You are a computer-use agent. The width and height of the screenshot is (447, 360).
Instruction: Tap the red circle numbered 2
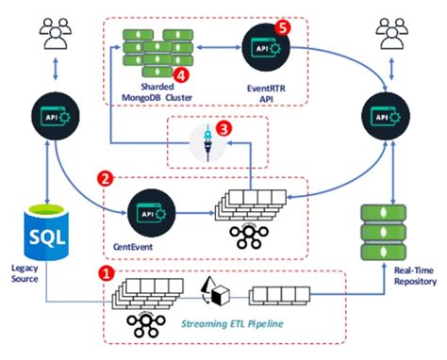(x=107, y=176)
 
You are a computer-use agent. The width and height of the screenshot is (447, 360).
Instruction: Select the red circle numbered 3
(x=223, y=126)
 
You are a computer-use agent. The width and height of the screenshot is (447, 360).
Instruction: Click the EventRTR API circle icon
(x=259, y=43)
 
